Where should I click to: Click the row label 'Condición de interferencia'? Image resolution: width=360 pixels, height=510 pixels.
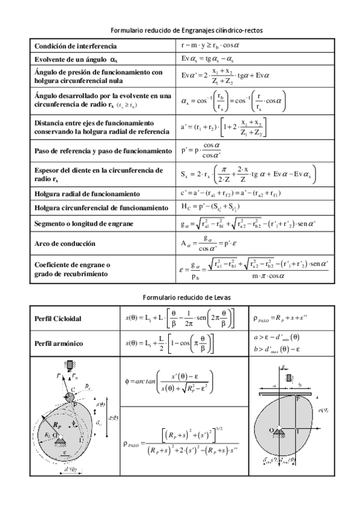tap(76, 46)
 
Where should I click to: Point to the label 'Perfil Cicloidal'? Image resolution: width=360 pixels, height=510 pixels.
tap(58, 318)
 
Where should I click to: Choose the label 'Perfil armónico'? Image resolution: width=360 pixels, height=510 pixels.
tap(58, 344)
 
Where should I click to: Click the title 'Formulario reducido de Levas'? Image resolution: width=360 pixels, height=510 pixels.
tap(180, 297)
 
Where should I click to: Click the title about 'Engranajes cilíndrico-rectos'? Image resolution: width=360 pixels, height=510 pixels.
tap(180, 29)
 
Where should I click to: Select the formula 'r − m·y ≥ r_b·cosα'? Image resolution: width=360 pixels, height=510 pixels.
tap(210, 46)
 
